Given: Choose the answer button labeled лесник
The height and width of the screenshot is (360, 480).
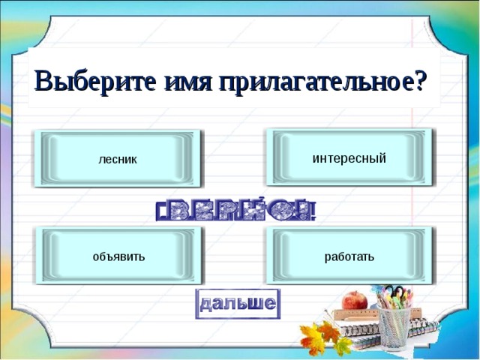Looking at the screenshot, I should coord(118,158).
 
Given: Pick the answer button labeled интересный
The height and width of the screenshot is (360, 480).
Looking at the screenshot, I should coord(349,157).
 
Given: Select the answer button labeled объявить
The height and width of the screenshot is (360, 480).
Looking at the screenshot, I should coord(118,256).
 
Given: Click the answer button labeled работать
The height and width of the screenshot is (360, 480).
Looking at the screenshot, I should coord(349,256).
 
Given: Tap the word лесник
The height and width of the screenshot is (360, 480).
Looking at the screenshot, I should coord(118,160).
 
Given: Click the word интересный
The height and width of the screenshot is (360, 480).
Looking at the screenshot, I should coord(349,158).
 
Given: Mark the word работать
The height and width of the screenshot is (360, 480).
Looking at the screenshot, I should coord(349,257).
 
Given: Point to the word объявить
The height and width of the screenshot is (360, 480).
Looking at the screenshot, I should coord(118,257).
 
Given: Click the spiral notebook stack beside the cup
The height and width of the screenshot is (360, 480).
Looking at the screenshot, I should coord(352,330).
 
